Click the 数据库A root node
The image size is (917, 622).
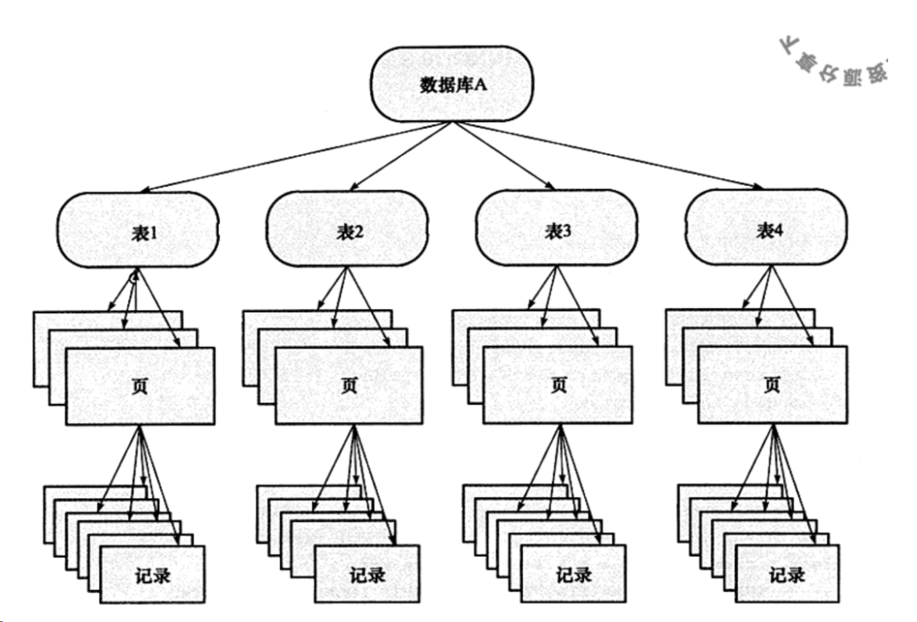click(450, 85)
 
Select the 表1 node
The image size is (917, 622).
click(138, 232)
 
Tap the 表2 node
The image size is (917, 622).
click(349, 232)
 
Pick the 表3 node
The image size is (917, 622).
click(558, 232)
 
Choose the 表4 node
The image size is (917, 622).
click(768, 232)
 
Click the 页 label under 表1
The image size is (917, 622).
click(140, 386)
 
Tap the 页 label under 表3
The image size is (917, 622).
click(558, 386)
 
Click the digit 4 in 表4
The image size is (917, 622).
click(778, 233)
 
